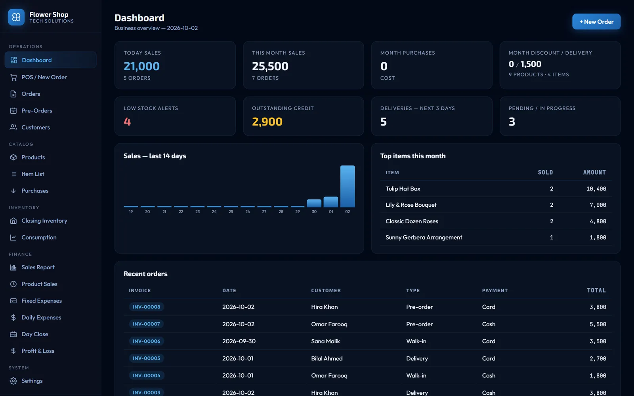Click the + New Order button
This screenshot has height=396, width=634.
pos(596,21)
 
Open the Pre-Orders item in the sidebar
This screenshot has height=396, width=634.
pos(36,110)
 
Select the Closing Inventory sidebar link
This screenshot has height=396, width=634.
pos(44,221)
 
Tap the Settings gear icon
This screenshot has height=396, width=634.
pos(13,381)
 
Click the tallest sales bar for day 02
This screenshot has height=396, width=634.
pos(347,187)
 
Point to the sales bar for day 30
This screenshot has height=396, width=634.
pos(314,203)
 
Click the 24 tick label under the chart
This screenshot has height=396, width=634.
pos(214,211)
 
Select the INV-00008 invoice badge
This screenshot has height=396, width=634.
pos(146,307)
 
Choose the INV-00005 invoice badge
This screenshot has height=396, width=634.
pos(146,358)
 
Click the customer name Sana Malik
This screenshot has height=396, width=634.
pos(325,341)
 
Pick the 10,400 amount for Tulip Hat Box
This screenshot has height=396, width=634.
pos(596,188)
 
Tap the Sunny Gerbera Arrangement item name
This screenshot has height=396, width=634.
pos(424,237)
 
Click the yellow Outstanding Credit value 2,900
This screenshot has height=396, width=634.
pos(267,122)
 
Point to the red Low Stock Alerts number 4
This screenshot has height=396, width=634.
pos(127,122)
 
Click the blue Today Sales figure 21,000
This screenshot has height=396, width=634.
pos(141,66)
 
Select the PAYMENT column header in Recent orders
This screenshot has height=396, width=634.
pos(495,291)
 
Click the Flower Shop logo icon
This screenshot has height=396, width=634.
pos(16,17)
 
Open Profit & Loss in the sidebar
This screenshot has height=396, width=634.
pos(38,351)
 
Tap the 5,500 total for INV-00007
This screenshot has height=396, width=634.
pos(598,324)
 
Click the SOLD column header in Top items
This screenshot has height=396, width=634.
pos(545,173)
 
